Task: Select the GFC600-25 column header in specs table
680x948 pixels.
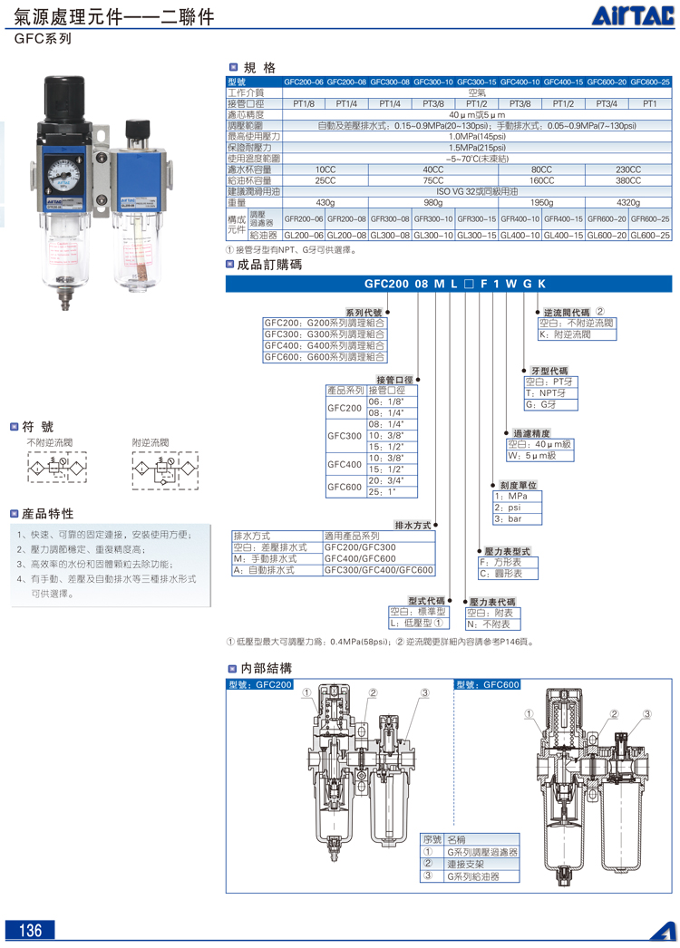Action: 650,82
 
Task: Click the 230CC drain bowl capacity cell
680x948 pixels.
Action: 627,169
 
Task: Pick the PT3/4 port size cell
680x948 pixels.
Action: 607,103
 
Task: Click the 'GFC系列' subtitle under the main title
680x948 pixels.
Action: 42,40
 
